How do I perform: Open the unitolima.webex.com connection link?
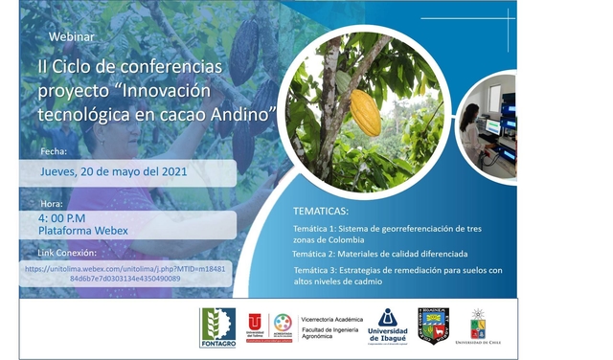[x=125, y=274]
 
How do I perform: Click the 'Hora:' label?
[x=51, y=204]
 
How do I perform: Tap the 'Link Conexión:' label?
[x=67, y=253]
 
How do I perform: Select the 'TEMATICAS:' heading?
[x=320, y=211]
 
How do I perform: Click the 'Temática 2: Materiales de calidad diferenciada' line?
[x=379, y=255]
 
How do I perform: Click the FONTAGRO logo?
[x=217, y=326]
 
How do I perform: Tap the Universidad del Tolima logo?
[x=256, y=326]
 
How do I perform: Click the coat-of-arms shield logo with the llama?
[x=433, y=326]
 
